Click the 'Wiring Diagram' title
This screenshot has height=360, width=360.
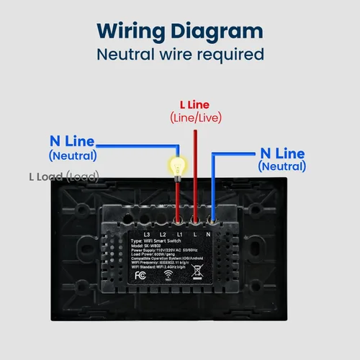click(179, 31)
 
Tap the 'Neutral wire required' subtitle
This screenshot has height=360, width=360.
click(179, 55)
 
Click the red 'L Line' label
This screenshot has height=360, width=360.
click(195, 104)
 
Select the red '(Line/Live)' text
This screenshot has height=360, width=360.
click(195, 117)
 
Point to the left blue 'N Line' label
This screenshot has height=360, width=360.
click(72, 140)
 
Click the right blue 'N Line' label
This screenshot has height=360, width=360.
click(282, 153)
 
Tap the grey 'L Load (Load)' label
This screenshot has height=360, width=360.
click(63, 176)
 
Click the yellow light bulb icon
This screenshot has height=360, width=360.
click(175, 165)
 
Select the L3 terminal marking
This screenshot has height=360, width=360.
click(147, 235)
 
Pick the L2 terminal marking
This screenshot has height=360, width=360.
click(163, 235)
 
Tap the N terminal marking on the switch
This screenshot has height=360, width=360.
click(210, 235)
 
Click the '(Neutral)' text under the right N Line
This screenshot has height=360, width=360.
click(282, 166)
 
